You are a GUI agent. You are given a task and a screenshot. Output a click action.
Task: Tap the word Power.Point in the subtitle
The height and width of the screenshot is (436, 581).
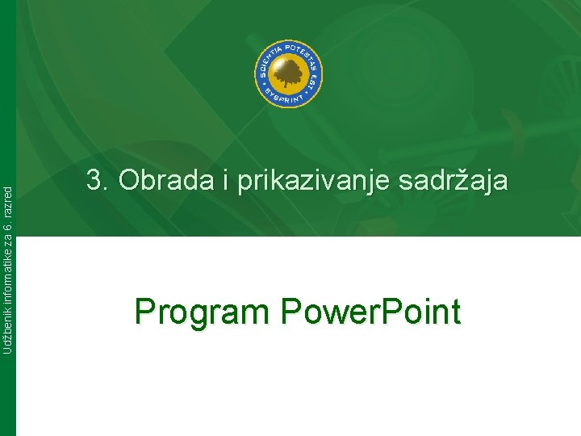tap(370, 312)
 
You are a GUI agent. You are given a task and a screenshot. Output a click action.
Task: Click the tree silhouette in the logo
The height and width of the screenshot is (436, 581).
tap(289, 75)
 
